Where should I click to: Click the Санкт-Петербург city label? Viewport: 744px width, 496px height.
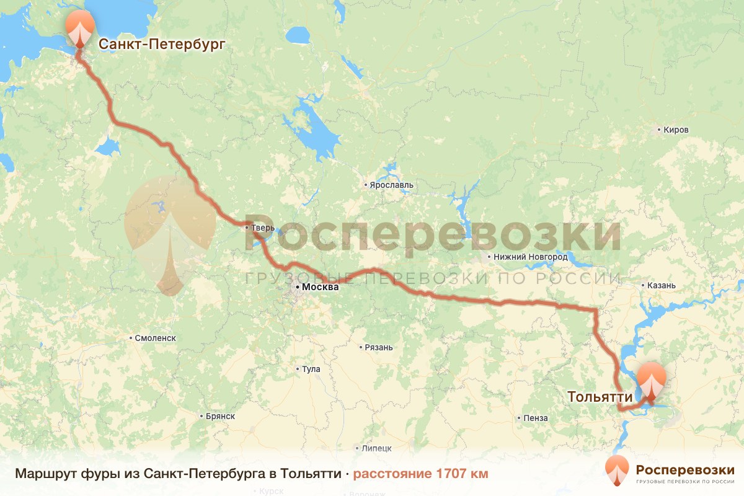[161, 44]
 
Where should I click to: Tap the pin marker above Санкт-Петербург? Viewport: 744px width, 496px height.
[80, 29]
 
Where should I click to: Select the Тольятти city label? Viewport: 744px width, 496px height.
[600, 397]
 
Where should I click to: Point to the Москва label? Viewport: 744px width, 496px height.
[320, 288]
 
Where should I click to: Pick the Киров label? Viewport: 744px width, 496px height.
[676, 130]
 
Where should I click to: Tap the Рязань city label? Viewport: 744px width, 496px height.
[379, 347]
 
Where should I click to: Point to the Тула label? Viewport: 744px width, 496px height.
[311, 369]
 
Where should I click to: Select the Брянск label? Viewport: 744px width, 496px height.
[219, 416]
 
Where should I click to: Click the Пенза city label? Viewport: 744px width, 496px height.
[535, 418]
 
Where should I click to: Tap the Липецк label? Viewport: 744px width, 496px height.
[377, 448]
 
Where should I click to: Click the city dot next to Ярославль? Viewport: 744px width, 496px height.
[366, 185]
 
